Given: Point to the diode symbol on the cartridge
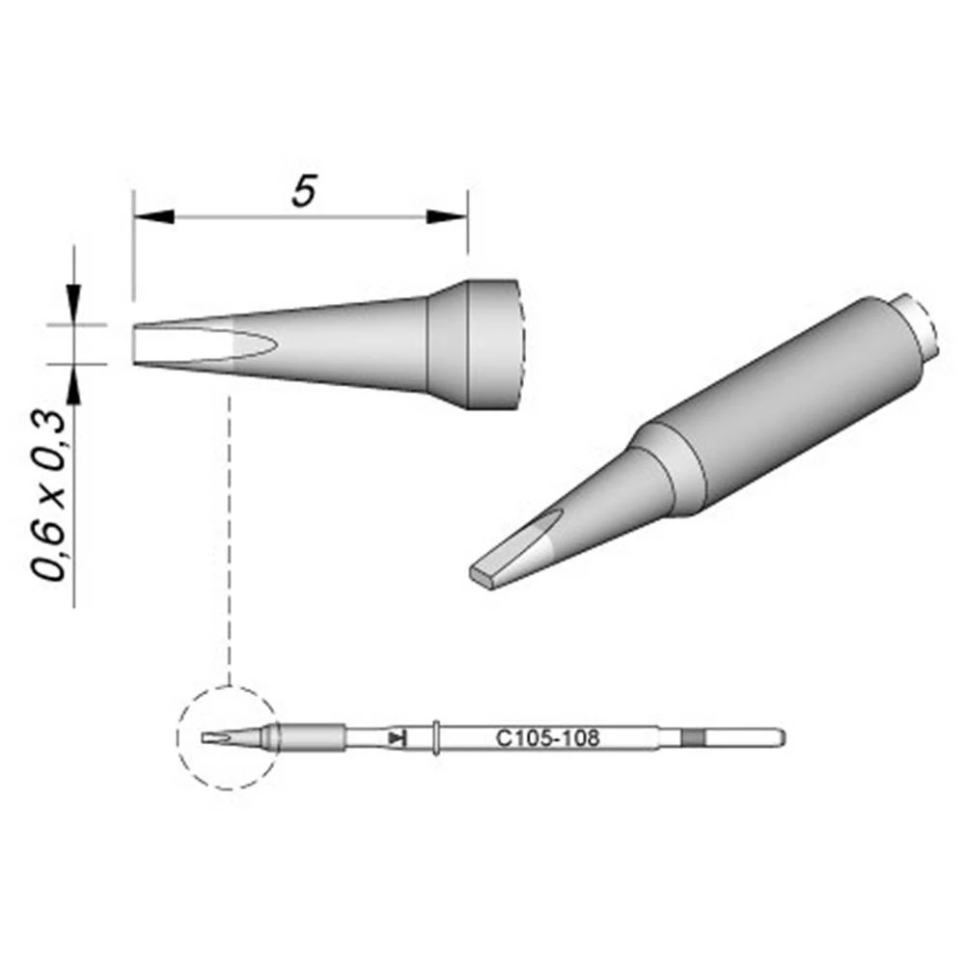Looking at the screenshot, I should (397, 738).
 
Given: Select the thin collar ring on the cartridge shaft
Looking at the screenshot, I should (437, 738).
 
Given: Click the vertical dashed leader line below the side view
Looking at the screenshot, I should (229, 531).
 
